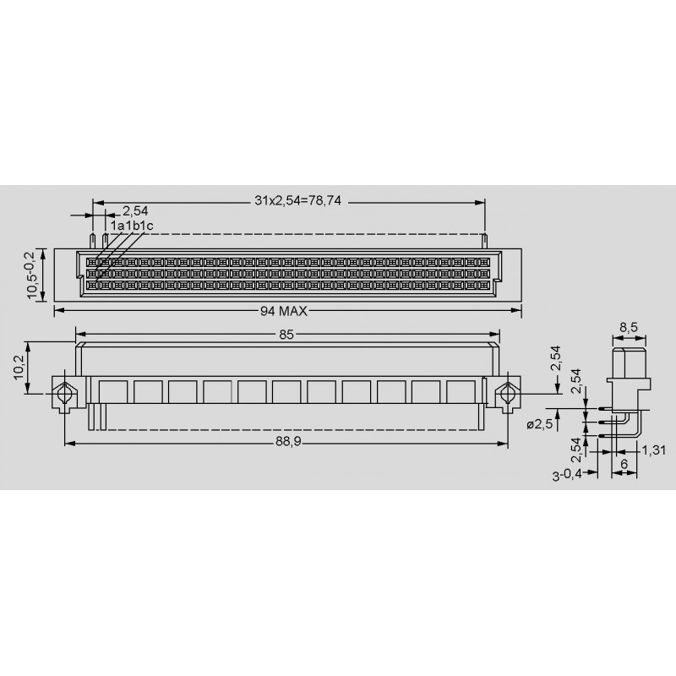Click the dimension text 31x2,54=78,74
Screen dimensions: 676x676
point(297,200)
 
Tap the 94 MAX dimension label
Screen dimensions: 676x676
point(284,311)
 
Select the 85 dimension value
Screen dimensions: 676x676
point(286,335)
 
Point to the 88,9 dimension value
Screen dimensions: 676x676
point(288,442)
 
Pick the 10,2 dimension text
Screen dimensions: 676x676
point(19,368)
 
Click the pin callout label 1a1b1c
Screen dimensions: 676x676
point(132,226)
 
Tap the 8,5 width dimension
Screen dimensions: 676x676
point(629,328)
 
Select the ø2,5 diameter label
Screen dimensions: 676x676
point(539,424)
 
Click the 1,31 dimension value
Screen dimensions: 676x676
point(654,450)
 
